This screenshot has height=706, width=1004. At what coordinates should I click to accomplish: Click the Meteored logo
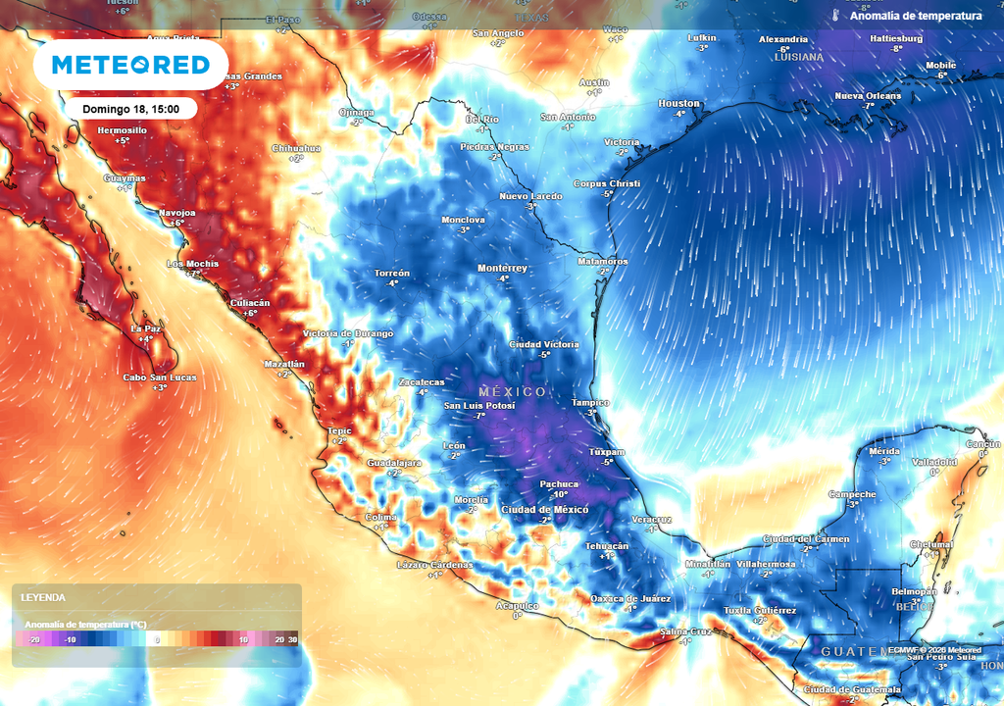(130, 65)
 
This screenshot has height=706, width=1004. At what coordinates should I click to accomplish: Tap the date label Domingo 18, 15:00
(130, 109)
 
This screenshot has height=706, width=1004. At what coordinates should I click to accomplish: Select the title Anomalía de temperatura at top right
(916, 16)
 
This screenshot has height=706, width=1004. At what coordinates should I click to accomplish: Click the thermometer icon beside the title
(835, 16)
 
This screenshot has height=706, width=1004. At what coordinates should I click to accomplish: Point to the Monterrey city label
(502, 268)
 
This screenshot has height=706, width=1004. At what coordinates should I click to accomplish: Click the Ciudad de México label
(544, 510)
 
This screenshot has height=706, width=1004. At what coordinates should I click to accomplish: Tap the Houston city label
(678, 103)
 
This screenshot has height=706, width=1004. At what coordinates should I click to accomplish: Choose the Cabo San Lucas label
(159, 378)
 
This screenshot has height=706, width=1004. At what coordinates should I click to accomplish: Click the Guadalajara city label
(394, 462)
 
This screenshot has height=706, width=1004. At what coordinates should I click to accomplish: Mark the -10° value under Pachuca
(559, 495)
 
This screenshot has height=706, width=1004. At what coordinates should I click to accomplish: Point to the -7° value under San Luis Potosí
(479, 416)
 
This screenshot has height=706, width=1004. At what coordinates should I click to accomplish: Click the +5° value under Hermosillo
(122, 141)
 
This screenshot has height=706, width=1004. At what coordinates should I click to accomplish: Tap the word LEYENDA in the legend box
(43, 597)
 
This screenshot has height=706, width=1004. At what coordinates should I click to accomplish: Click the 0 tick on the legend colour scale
(158, 639)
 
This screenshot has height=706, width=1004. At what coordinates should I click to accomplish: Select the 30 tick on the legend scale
(292, 639)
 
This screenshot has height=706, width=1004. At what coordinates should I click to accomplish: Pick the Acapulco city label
(517, 606)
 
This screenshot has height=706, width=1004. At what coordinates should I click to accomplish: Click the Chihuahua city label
(296, 148)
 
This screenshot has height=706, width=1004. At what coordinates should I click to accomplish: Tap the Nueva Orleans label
(868, 95)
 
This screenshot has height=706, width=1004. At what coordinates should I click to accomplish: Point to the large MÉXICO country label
(513, 392)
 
